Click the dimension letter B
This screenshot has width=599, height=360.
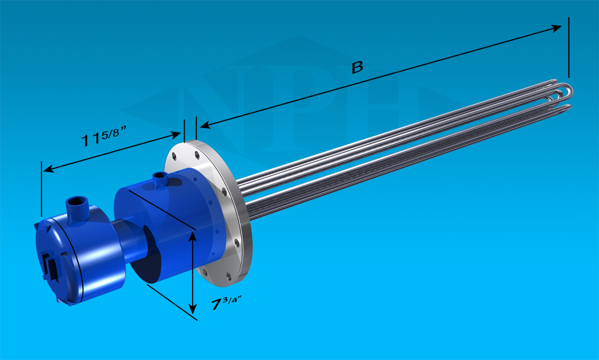357,67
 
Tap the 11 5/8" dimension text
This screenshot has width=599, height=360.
103,136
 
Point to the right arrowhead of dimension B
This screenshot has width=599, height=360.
556,28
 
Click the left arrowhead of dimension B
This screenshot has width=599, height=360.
205,125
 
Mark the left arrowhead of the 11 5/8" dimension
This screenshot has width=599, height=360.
49,169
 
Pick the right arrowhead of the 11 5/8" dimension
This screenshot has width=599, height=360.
175,135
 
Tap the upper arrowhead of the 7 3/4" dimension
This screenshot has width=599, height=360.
193,237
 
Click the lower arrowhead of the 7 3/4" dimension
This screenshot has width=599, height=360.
193,309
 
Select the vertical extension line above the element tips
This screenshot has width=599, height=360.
569,47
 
